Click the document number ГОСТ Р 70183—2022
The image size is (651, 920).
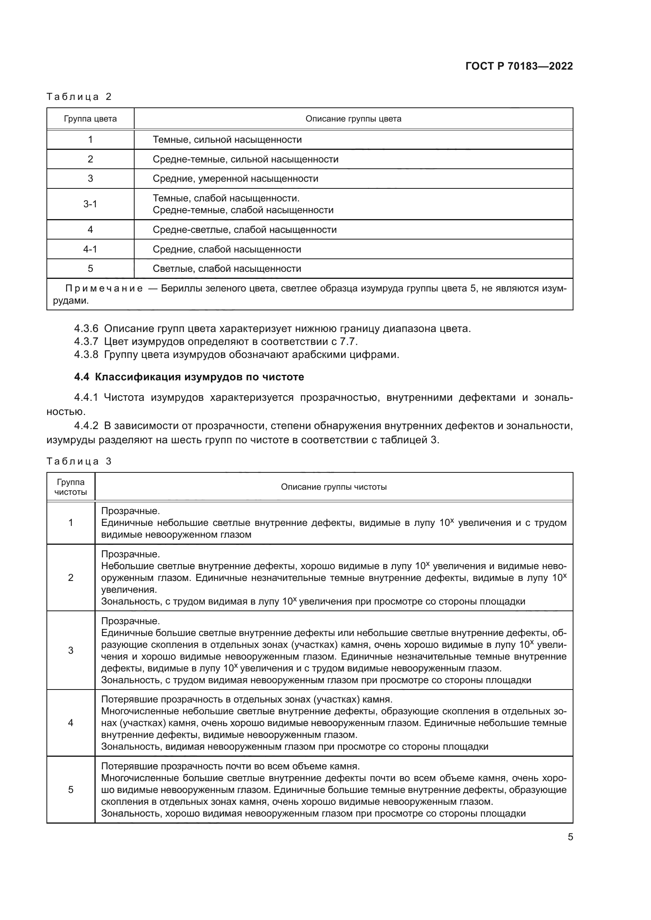click(519, 66)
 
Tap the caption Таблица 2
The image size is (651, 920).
click(79, 97)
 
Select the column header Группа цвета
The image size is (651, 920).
click(90, 119)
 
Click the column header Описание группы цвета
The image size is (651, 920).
click(353, 119)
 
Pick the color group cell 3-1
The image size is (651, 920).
click(90, 204)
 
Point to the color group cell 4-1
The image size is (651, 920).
click(90, 249)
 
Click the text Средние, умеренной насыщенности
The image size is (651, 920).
click(235, 178)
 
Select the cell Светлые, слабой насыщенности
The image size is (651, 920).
click(226, 269)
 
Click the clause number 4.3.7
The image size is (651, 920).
click(86, 342)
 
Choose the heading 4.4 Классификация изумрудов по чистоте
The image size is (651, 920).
click(189, 377)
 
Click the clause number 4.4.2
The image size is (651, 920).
click(86, 426)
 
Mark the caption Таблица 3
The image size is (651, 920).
click(79, 461)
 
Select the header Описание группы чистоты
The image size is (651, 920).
click(333, 487)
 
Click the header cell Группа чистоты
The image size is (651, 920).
click(70, 487)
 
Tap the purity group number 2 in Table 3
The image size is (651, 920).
click(70, 577)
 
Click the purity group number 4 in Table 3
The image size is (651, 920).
click(70, 723)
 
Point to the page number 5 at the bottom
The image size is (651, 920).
click(570, 837)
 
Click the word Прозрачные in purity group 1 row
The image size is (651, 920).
click(130, 511)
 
